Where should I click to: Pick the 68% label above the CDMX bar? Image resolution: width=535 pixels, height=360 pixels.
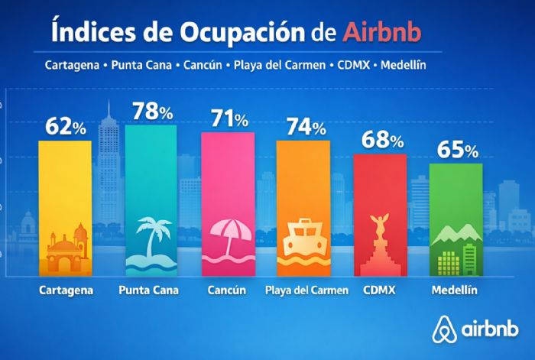(x=380, y=141)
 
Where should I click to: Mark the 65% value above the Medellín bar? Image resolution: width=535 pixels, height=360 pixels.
(x=456, y=150)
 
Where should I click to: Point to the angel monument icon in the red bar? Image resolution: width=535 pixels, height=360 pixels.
(x=379, y=243)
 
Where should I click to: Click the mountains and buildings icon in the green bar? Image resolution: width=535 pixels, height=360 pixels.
(x=456, y=249)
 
